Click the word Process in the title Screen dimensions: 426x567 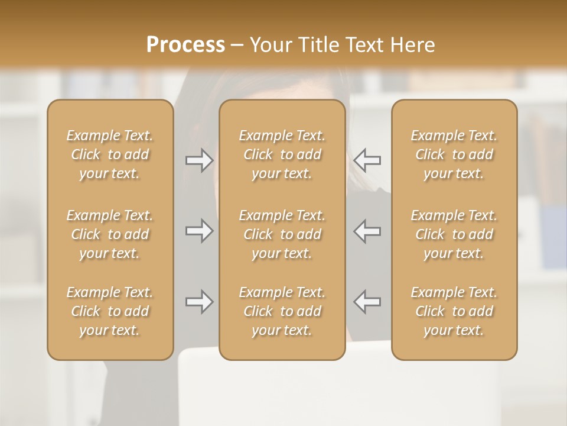[x=185, y=45]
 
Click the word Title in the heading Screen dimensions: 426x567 [x=317, y=45]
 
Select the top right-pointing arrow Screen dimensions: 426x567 [x=200, y=160]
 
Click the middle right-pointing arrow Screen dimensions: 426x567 [x=200, y=231]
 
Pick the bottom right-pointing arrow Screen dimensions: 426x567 [x=200, y=302]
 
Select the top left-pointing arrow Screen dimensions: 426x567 [x=367, y=160]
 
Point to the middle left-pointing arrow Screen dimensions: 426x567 [x=367, y=231]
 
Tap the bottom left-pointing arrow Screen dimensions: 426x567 [x=367, y=302]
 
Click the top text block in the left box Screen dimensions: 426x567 [x=110, y=154]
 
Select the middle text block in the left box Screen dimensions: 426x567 [x=110, y=234]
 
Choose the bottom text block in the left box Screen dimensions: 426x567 [x=110, y=311]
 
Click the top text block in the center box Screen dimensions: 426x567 [x=282, y=154]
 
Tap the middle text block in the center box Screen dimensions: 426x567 [x=282, y=234]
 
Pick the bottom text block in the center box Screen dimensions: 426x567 [x=282, y=311]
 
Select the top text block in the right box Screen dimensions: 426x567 [x=454, y=154]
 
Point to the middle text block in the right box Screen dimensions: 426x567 [x=454, y=234]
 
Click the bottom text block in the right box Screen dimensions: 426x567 [x=454, y=311]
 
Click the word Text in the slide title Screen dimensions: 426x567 [x=363, y=45]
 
